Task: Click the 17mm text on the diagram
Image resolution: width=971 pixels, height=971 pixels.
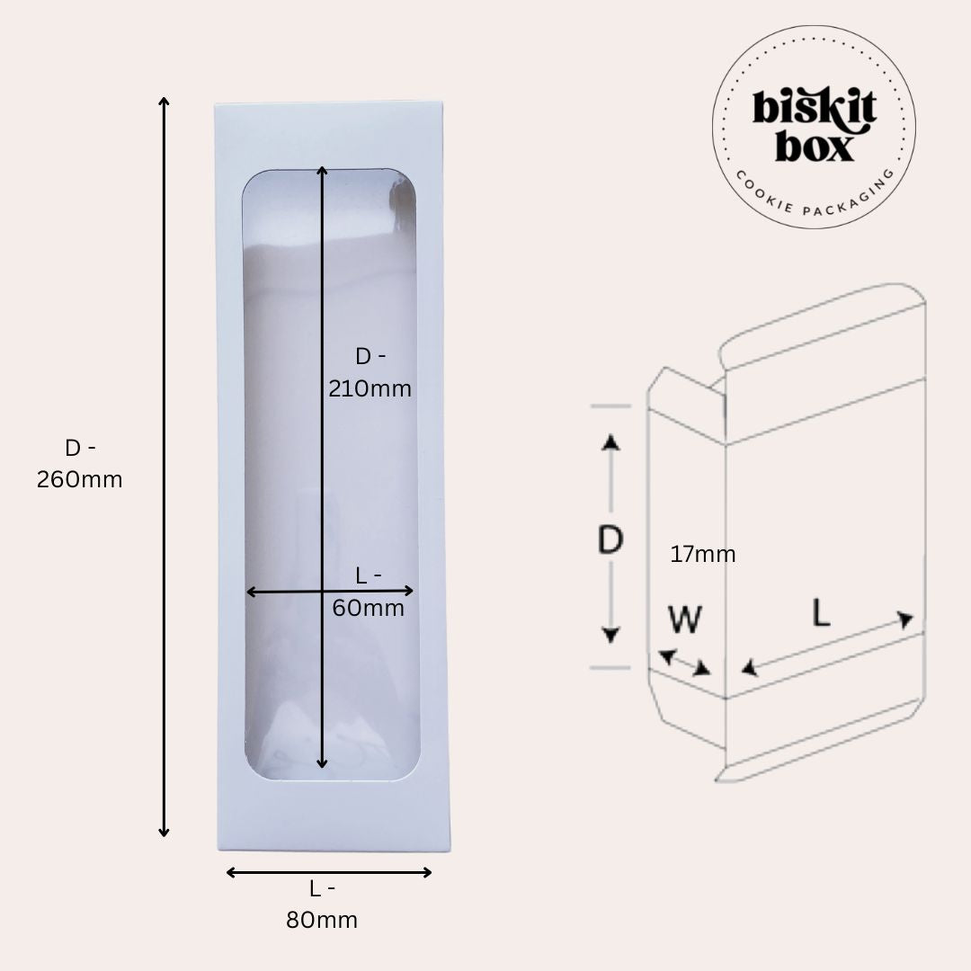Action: [703, 554]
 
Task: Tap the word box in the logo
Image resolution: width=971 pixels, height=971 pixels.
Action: [815, 147]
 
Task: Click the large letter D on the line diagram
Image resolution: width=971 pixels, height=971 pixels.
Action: [610, 539]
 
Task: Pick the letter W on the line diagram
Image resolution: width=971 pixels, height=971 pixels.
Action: [685, 619]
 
